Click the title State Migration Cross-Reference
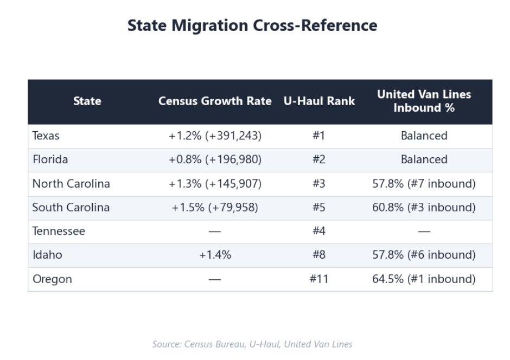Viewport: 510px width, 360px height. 252,25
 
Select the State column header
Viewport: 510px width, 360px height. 87,101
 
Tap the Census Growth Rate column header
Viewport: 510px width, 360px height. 215,101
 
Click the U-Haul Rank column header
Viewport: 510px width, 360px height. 319,101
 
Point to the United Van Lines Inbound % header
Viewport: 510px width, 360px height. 424,101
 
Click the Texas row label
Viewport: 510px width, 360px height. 46,136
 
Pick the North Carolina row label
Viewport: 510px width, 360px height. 71,184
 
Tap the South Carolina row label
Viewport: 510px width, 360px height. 71,208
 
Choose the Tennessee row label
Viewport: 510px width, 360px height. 59,232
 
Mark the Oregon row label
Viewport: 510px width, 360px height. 52,279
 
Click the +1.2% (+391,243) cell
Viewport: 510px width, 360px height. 215,136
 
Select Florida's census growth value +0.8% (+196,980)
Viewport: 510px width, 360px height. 215,160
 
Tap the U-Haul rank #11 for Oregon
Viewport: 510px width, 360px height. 318,279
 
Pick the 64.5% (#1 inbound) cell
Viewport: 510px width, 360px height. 424,279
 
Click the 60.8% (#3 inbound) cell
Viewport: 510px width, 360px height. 424,208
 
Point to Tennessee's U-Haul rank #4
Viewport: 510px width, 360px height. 318,232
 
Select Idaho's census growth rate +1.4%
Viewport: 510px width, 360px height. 215,255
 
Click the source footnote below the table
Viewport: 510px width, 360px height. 252,344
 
